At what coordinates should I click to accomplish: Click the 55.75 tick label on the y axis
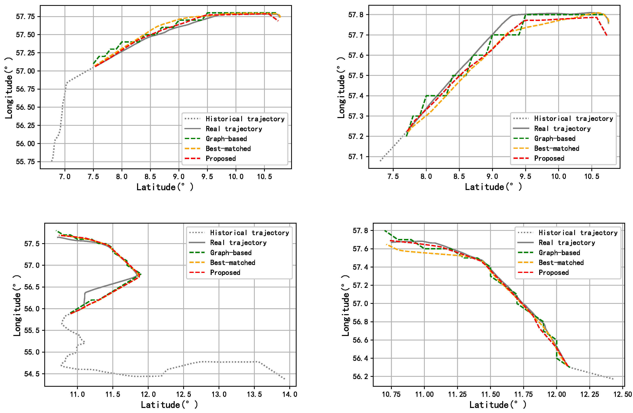pyautogui.click(x=25, y=162)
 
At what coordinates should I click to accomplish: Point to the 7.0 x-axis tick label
pyautogui.click(x=65, y=177)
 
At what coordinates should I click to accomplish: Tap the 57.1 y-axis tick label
pyautogui.click(x=356, y=157)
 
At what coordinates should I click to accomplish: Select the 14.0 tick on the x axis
pyautogui.click(x=290, y=394)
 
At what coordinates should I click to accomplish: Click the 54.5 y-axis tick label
pyautogui.click(x=32, y=374)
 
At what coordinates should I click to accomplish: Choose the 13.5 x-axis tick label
pyautogui.click(x=254, y=394)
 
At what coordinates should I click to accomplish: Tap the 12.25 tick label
pyautogui.click(x=590, y=394)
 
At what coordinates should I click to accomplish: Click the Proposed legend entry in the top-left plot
pyautogui.click(x=221, y=158)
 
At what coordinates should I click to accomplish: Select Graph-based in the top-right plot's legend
pyautogui.click(x=555, y=138)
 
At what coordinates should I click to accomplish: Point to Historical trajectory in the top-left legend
pyautogui.click(x=245, y=119)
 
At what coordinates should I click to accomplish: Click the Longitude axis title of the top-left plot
pyautogui.click(x=8, y=88)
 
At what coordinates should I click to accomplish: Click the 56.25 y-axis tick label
pyautogui.click(x=25, y=126)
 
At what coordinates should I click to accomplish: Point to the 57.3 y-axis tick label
pyautogui.click(x=356, y=116)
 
